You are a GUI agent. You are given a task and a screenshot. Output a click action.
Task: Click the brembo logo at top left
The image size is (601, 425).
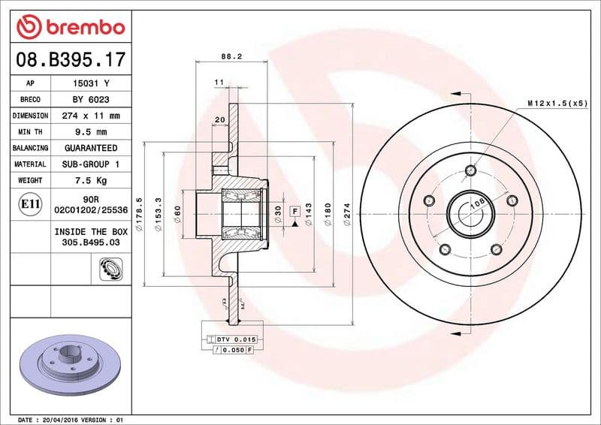(70, 26)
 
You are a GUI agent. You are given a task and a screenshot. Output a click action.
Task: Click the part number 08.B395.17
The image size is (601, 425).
(70, 59)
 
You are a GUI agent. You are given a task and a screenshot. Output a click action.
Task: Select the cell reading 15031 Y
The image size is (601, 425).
(91, 83)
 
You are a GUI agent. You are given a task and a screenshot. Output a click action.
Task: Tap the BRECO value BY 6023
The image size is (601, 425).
(91, 100)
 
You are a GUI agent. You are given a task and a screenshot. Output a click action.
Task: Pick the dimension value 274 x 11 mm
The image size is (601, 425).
(91, 116)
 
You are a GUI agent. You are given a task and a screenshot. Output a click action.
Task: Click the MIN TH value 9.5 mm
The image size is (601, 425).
(91, 132)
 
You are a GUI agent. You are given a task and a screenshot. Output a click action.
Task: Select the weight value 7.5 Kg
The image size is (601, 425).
(91, 180)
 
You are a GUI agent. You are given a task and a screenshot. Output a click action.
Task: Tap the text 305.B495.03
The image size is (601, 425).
(91, 243)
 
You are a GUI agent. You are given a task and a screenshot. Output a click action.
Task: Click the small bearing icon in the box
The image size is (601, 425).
(110, 267)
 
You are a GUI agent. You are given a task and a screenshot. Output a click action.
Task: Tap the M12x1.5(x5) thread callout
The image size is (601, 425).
(557, 103)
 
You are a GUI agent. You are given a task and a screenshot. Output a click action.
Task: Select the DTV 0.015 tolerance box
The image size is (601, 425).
(236, 339)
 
